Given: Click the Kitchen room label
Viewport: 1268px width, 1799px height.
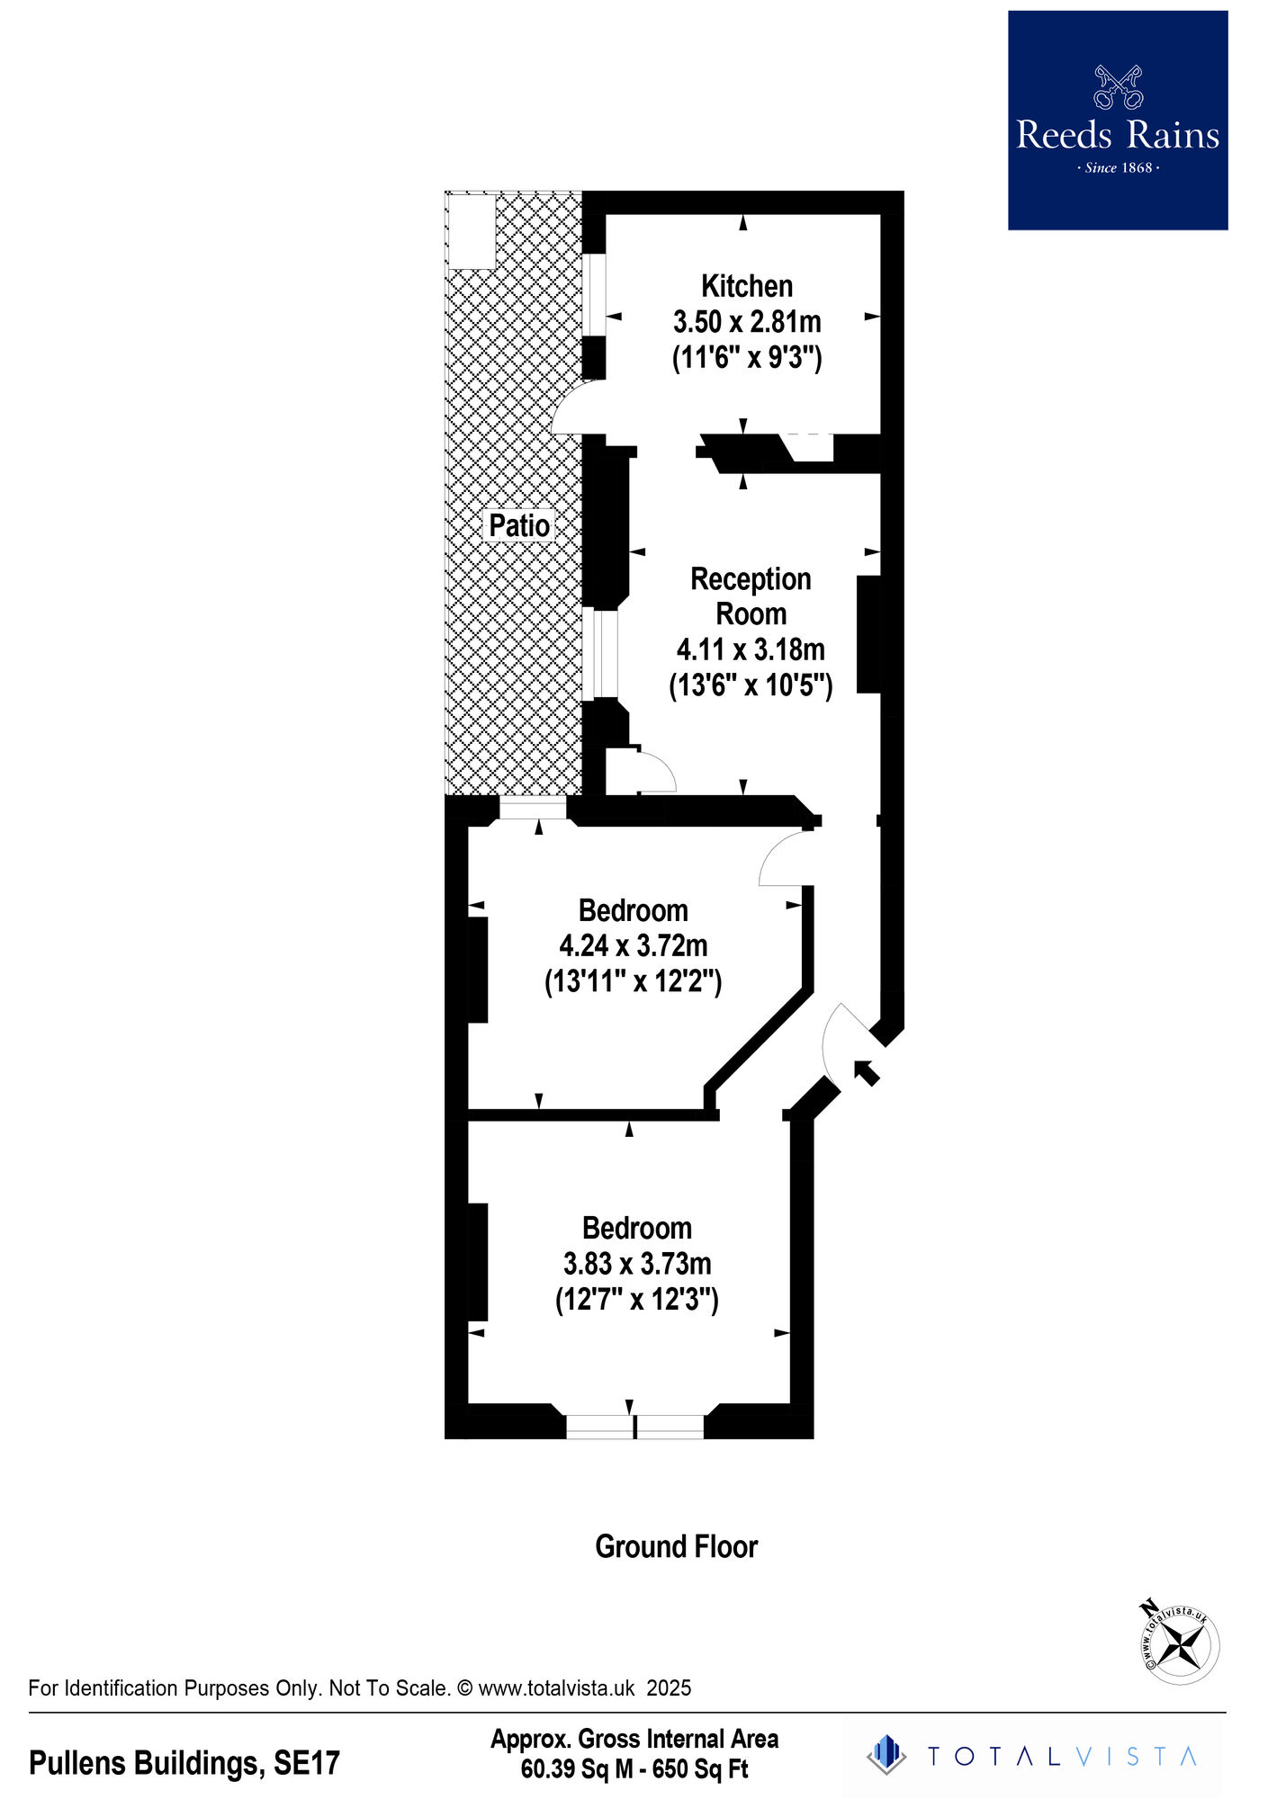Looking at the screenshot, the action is coord(747,286).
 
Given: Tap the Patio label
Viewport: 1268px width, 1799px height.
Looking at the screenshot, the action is coord(519,525).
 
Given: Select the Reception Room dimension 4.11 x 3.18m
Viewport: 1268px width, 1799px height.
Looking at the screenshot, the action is coord(751,649).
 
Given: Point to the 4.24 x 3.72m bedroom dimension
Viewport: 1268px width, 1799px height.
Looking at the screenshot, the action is coord(634,945).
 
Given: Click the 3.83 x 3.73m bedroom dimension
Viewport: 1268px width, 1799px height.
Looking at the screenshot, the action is coord(637,1263).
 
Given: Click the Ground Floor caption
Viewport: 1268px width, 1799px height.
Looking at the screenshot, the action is coord(677,1546).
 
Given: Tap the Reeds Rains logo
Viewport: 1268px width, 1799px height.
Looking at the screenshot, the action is coord(1118,121).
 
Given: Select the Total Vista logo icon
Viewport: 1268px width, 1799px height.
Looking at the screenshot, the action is coord(887,1755).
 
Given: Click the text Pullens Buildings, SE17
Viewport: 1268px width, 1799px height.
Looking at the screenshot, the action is coord(184,1763).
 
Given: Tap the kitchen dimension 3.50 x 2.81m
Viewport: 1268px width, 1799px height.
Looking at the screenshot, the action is coord(747,321).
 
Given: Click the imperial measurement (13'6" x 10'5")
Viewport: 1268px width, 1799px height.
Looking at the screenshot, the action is coord(751,685).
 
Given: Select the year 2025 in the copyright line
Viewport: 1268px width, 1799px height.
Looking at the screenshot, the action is coord(669,1688).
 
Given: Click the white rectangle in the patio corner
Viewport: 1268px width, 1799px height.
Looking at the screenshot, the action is coord(472,231).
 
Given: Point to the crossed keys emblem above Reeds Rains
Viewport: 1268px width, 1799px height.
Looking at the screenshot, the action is coord(1118,86).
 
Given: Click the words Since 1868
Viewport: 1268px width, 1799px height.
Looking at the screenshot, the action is coord(1119,167).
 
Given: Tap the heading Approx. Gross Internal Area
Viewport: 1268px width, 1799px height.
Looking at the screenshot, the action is coord(634,1739).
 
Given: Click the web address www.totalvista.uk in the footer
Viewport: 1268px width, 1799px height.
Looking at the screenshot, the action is coord(556,1688).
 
